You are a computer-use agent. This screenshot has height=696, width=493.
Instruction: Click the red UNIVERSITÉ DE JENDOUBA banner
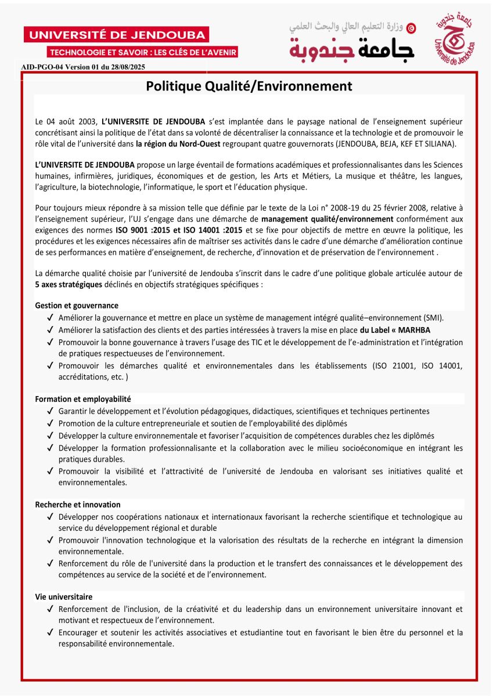(116, 35)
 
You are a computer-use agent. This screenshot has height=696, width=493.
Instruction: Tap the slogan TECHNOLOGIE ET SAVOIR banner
(143, 52)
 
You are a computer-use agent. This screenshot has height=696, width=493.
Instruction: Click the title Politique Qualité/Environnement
(249, 86)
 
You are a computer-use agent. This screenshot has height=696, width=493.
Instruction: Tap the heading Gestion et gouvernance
(77, 305)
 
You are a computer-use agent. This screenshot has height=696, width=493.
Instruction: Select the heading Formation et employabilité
(83, 399)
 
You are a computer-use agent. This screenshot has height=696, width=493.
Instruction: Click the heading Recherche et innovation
(78, 505)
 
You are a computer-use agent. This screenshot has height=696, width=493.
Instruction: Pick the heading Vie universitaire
(64, 597)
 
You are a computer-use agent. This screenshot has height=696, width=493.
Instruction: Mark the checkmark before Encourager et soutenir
(51, 633)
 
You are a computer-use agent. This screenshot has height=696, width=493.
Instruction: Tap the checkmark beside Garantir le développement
(51, 411)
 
